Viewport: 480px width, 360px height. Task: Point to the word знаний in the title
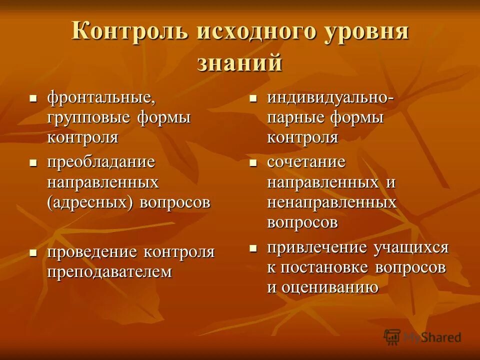click(x=240, y=63)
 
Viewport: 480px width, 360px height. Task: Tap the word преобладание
click(x=101, y=162)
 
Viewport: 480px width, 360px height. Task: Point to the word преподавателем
click(x=109, y=272)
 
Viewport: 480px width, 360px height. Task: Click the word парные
click(x=295, y=118)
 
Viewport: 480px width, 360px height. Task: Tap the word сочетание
click(x=306, y=162)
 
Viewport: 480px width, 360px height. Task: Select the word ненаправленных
click(x=331, y=202)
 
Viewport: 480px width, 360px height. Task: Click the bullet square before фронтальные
click(x=33, y=97)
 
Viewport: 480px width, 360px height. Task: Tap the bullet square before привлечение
click(x=253, y=247)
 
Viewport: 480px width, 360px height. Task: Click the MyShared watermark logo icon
click(x=392, y=336)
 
